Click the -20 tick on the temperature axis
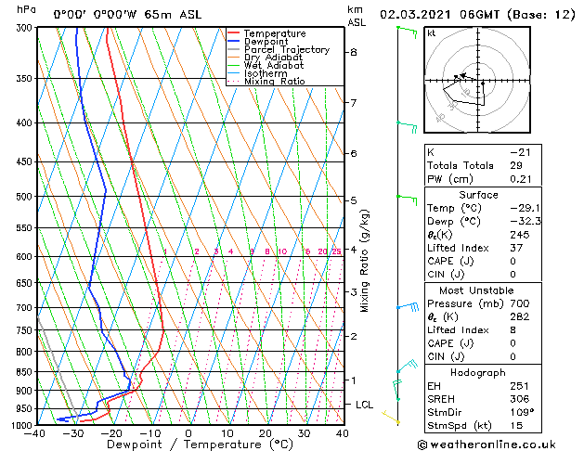[x=111, y=432]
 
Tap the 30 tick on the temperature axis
[x=304, y=432]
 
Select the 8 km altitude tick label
[x=353, y=52]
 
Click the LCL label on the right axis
[x=364, y=405]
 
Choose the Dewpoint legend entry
[x=265, y=42]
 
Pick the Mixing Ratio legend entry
[x=274, y=82]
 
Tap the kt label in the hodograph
[x=432, y=32]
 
